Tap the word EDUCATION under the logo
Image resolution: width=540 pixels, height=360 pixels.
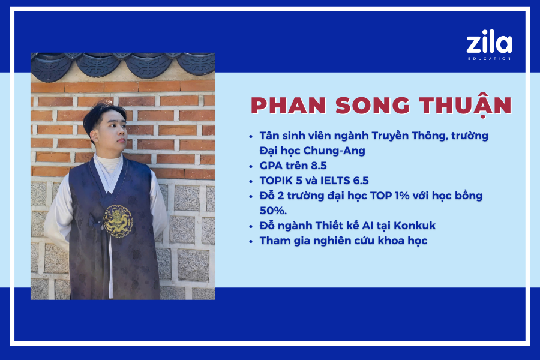[x=489, y=59]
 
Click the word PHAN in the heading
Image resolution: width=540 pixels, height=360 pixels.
[x=289, y=106]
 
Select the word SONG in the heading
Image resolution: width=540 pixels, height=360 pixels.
[x=373, y=106]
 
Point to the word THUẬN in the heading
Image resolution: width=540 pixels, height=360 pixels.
[x=465, y=106]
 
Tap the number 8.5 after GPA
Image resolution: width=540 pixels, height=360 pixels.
[x=319, y=166]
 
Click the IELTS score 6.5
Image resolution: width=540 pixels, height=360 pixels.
[x=361, y=181]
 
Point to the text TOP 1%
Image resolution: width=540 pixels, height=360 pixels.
[x=389, y=196]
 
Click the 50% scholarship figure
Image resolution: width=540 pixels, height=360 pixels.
[x=273, y=211]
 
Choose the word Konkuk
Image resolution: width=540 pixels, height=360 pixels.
[x=415, y=226]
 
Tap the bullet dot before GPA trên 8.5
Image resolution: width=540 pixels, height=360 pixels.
[x=251, y=166]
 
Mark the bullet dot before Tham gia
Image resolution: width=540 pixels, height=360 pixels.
[x=251, y=241]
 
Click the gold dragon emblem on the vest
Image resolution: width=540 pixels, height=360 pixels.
[x=118, y=221]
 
